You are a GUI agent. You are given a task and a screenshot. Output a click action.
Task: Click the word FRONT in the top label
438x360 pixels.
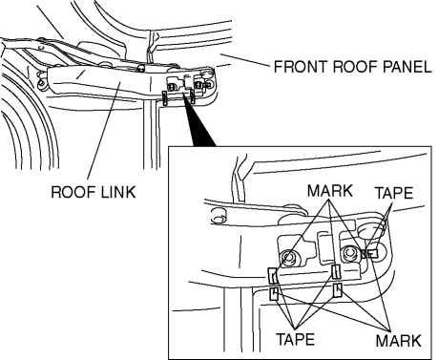coord(296,67)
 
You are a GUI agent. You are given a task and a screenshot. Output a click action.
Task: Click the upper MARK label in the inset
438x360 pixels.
coord(330,191)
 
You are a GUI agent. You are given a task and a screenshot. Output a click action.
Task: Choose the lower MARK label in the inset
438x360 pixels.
coord(398,341)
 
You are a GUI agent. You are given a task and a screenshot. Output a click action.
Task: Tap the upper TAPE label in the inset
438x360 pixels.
coord(394,193)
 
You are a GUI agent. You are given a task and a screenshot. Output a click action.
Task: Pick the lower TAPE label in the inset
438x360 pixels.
coord(296,339)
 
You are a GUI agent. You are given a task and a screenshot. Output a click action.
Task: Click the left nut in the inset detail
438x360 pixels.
coord(288,257)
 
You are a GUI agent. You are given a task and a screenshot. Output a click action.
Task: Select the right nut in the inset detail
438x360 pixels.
coord(348,253)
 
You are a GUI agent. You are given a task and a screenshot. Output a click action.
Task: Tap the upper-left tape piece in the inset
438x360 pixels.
coord(273,276)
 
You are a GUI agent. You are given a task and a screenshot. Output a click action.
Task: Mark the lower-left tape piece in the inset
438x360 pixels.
coord(274,294)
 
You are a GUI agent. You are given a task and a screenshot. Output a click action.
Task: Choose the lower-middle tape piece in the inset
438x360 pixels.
coord(337,290)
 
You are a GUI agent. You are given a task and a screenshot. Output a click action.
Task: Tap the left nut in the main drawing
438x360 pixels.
coord(172,87)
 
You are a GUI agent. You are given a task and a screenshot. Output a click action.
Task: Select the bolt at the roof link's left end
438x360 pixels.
coord(41,84)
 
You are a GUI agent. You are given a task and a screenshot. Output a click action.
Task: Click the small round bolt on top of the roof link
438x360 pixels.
coord(140,68)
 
